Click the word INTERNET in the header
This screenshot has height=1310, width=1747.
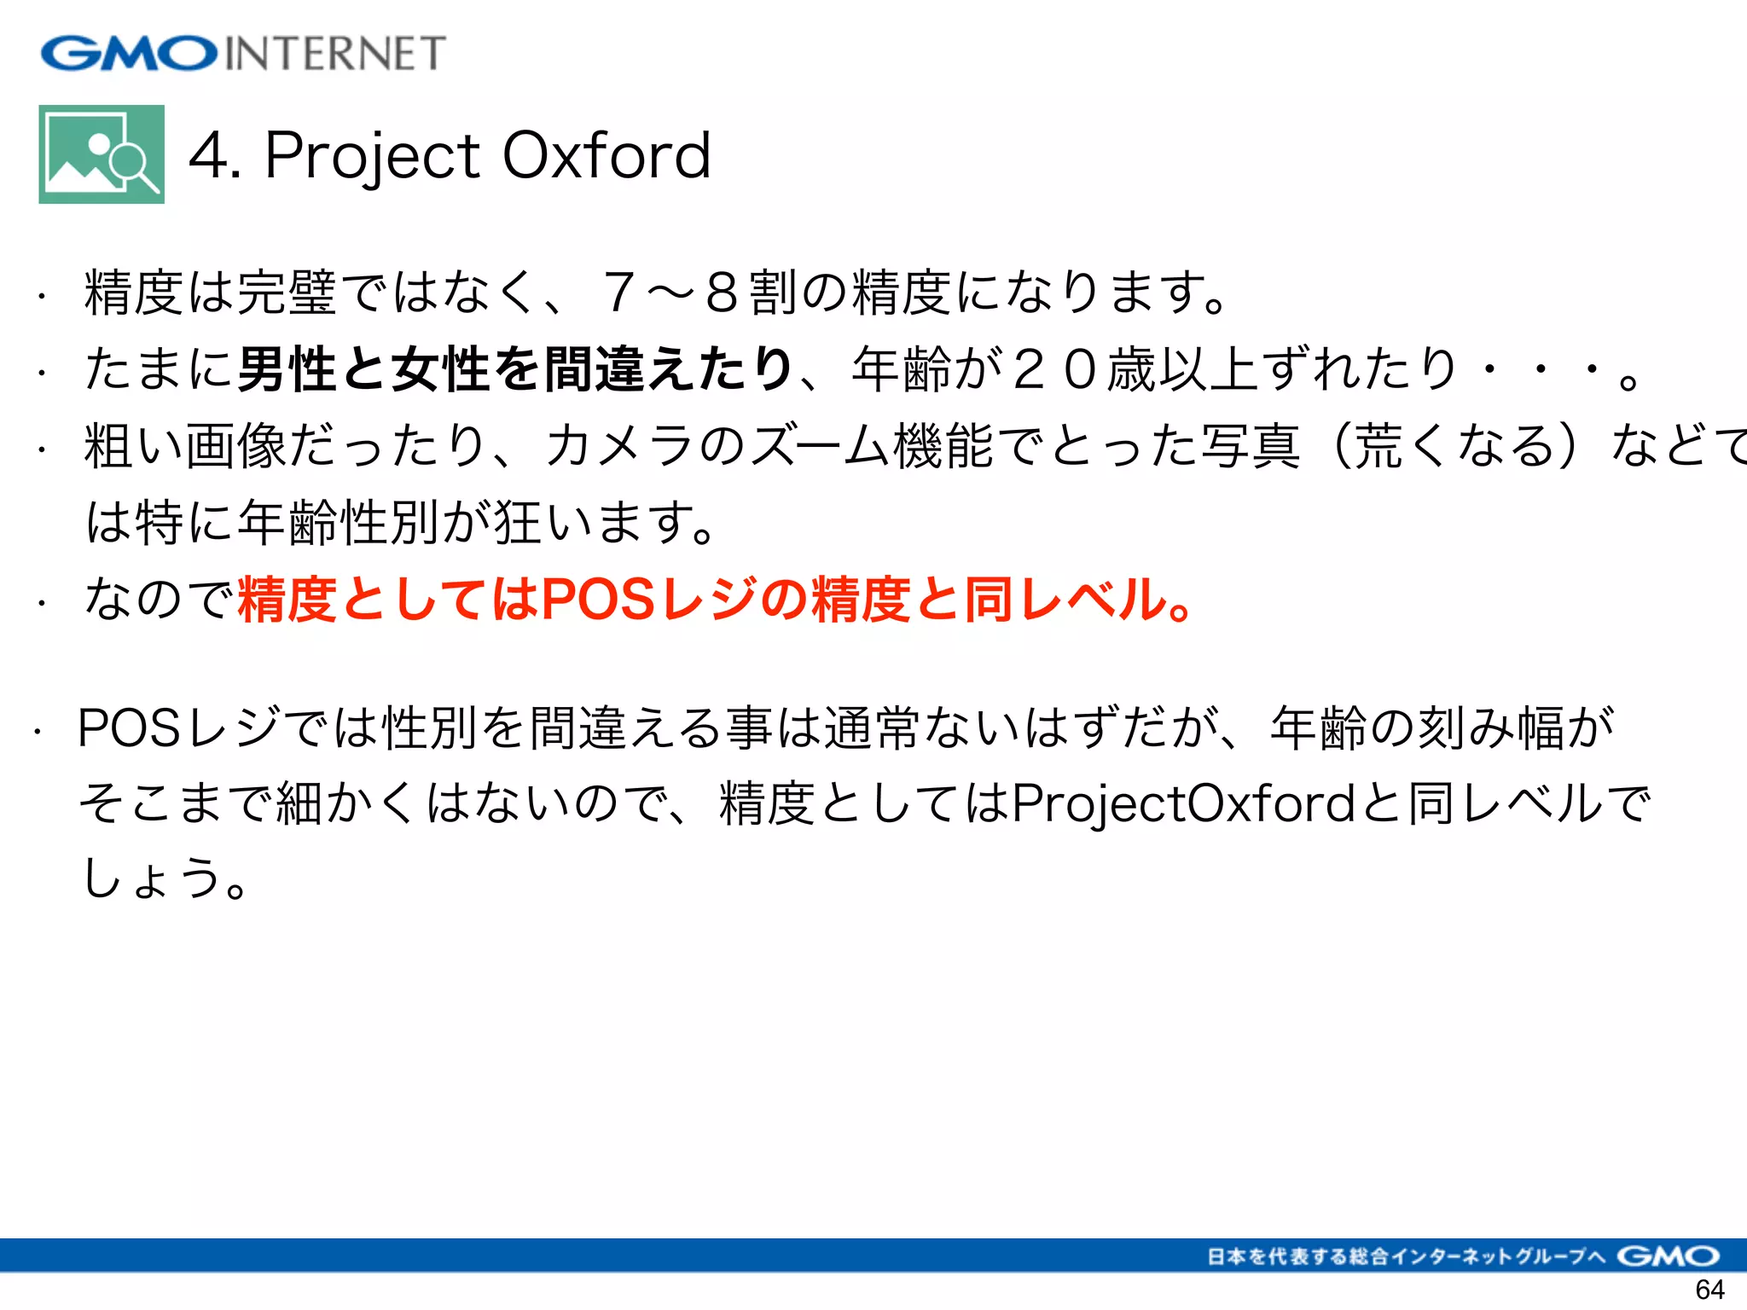334,54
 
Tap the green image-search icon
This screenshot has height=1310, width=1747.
102,154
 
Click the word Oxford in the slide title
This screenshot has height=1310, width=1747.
607,156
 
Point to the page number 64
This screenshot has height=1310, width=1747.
1709,1289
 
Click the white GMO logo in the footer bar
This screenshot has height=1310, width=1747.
1668,1256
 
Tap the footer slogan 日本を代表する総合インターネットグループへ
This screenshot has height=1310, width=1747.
1407,1256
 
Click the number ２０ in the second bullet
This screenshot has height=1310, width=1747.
1055,368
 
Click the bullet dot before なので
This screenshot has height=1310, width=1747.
40,604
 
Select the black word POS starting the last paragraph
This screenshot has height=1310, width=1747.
129,727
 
